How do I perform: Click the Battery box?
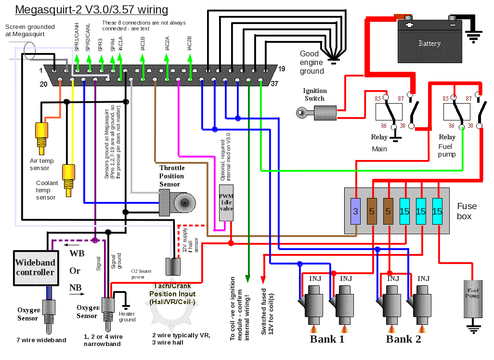(429, 43)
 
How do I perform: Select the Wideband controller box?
(35, 267)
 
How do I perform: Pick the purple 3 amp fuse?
(355, 211)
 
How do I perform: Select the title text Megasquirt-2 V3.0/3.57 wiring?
(91, 10)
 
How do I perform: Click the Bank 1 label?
(327, 339)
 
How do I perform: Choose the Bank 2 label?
(403, 339)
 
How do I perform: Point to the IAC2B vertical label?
(189, 44)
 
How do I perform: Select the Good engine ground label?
(312, 63)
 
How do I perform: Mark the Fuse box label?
(467, 211)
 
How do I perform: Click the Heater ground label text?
(127, 317)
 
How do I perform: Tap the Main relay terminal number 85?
(378, 98)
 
